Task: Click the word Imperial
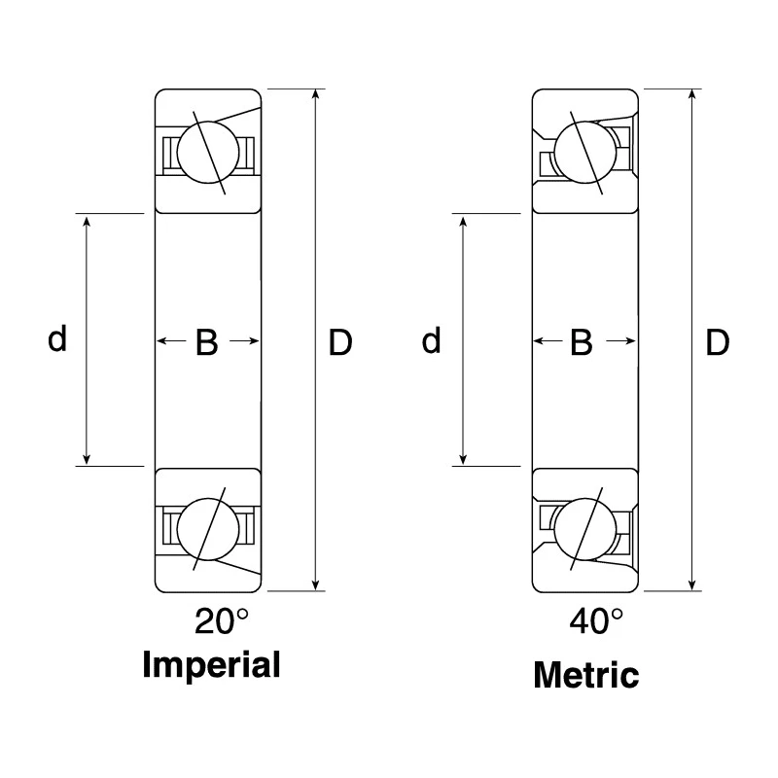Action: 211,666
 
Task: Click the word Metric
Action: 586,675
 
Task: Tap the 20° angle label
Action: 222,620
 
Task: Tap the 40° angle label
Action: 596,620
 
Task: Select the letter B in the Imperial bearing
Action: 207,342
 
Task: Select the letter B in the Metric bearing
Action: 582,342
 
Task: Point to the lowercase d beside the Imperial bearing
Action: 57,338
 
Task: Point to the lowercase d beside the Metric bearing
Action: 431,340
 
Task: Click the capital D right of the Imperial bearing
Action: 340,342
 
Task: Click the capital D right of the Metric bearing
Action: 718,342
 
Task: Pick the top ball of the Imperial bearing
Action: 208,153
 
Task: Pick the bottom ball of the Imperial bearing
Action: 208,529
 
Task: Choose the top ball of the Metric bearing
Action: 585,153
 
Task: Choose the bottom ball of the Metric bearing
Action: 585,529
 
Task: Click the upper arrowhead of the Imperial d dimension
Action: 87,222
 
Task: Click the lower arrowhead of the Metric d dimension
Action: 463,459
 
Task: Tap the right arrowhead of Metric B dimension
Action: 630,341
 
